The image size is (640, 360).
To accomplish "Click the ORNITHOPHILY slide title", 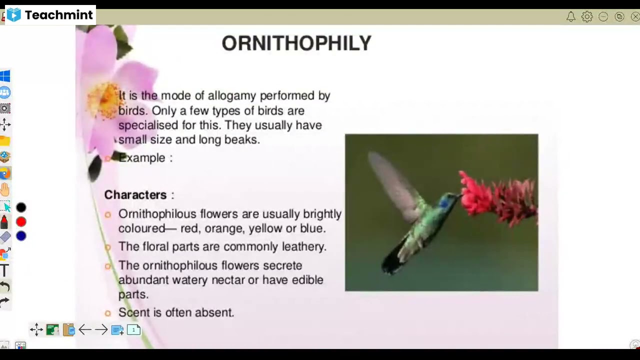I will click(296, 43).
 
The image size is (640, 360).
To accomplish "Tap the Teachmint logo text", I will click(58, 15).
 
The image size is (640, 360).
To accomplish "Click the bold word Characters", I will click(135, 195).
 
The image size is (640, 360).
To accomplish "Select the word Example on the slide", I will click(142, 158).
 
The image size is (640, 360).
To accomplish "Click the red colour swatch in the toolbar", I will click(21, 222).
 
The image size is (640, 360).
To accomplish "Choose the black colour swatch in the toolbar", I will click(21, 207).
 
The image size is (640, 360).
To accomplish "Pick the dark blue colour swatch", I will click(21, 236).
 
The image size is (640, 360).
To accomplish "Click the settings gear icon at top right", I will click(587, 16).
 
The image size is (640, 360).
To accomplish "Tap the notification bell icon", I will click(570, 16).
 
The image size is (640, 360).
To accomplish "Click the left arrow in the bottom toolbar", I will click(85, 329).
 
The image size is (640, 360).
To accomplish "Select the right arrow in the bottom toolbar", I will click(101, 329).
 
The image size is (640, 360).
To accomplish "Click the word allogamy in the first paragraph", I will click(232, 96).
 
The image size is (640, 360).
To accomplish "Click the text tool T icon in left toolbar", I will click(4, 270).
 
